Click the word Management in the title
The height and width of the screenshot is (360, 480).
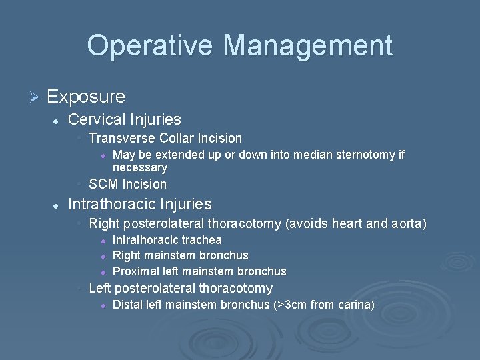(307, 45)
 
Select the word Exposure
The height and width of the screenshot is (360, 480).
(86, 97)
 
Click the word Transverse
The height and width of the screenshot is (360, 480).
(122, 139)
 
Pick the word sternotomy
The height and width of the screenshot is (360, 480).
(364, 155)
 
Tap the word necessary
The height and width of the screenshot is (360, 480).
(139, 167)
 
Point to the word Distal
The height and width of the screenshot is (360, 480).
(127, 305)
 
